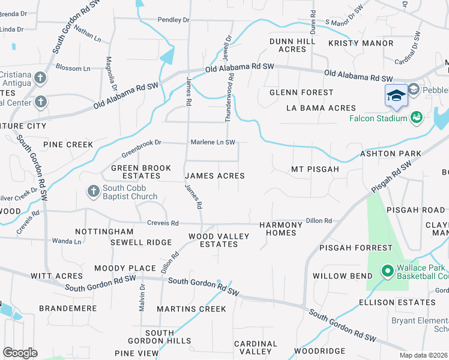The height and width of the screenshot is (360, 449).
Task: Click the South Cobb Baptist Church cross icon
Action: coord(93,191)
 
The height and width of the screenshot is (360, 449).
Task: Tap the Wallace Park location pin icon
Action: coord(387,272)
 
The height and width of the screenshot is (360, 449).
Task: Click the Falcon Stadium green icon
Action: coord(415,117)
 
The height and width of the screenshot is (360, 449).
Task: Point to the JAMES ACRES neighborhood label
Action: coord(215,176)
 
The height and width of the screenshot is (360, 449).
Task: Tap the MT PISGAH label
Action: coord(315,169)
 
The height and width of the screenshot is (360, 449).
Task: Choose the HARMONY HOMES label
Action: coord(281,229)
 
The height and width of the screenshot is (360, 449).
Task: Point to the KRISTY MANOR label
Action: coord(361,43)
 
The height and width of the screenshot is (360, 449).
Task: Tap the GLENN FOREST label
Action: coord(301,92)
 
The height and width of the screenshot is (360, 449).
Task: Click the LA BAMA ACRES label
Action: coord(321,108)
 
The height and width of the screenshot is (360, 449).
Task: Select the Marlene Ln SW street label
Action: coord(212,142)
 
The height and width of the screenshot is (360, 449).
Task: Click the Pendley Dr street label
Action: coord(173,20)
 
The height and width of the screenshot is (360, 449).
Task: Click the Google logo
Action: coord(20,353)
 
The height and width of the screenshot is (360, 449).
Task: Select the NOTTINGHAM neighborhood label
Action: coord(104,231)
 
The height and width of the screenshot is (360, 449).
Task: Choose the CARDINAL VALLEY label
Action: coord(256,348)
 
